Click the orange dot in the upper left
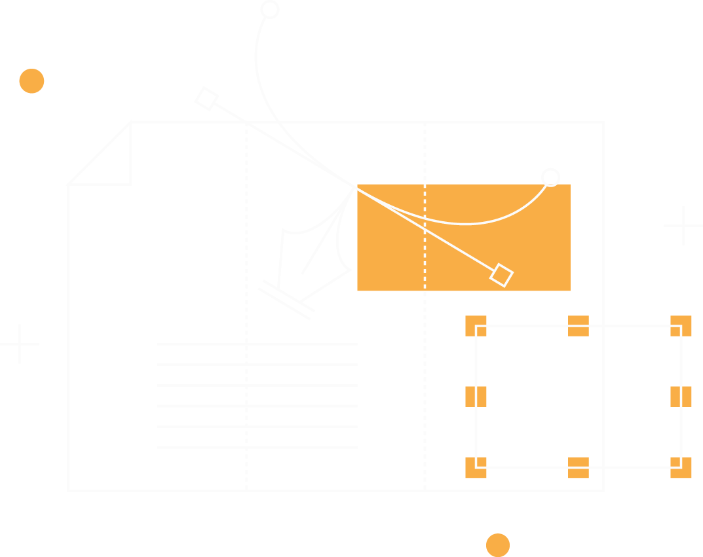(31, 81)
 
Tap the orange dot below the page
(497, 545)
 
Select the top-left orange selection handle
(476, 326)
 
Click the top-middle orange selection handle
(578, 326)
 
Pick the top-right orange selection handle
(681, 326)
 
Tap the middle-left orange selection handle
(476, 397)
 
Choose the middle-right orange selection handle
(681, 397)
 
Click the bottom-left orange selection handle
(476, 467)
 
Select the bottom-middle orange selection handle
(578, 467)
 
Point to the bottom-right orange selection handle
(681, 467)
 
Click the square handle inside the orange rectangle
(501, 275)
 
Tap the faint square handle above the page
(206, 99)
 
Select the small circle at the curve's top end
(269, 10)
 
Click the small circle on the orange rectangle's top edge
(550, 177)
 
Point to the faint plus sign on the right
(682, 226)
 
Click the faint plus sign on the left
(20, 344)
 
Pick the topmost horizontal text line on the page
(257, 344)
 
